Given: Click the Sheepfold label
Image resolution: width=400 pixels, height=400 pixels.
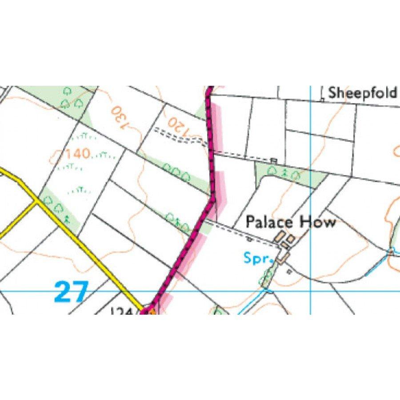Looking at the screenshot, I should click(362, 93).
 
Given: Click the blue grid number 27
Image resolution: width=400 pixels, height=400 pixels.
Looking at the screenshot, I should click(72, 292).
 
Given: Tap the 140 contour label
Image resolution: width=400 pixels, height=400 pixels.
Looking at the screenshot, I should click(78, 154).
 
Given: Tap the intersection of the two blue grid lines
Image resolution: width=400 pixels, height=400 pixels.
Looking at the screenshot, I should click(310, 291).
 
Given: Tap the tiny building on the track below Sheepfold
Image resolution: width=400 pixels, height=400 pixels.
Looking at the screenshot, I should click(274, 160).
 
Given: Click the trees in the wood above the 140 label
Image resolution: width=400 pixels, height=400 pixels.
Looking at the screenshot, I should click(72, 98).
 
